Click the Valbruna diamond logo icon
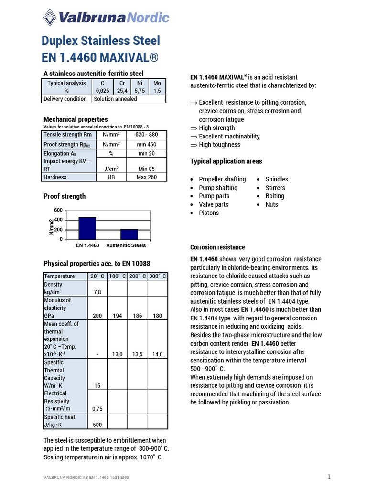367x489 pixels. (49, 18)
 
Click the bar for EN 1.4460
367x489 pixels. (87, 228)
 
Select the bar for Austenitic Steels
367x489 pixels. (129, 234)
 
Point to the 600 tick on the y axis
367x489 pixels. (58, 210)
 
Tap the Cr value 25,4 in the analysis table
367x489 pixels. (122, 91)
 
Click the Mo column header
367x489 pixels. (157, 83)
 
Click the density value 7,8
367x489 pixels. (97, 292)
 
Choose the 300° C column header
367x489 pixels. (157, 276)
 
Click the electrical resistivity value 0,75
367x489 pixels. (97, 408)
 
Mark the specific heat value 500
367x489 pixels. (97, 425)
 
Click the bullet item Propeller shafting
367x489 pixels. (222, 179)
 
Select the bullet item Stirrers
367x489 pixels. (275, 188)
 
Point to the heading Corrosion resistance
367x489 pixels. (217, 247)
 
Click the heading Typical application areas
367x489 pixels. (226, 161)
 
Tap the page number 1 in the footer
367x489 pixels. (329, 477)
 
